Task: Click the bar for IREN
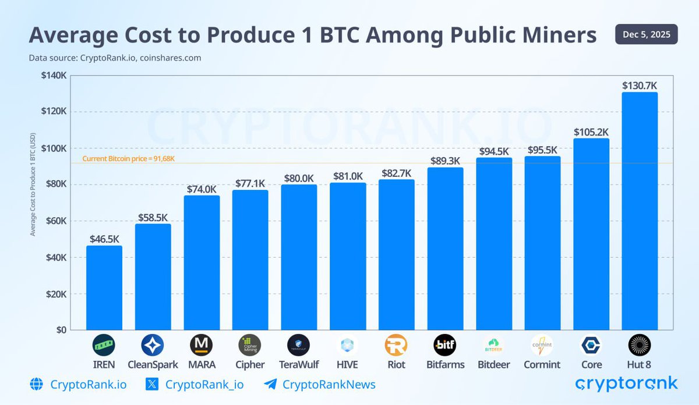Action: [x=104, y=287]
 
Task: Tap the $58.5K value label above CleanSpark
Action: [x=153, y=217]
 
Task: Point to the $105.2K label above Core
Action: [x=591, y=132]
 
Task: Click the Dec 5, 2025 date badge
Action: [x=646, y=34]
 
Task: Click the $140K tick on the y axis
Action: [x=54, y=75]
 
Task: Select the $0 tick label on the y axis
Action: [x=60, y=330]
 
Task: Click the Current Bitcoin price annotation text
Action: [x=129, y=158]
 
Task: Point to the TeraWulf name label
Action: [x=299, y=365]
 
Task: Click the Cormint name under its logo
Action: [x=542, y=365]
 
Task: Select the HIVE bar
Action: [x=348, y=256]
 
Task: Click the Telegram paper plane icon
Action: [x=270, y=385]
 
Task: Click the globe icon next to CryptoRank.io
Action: [x=36, y=385]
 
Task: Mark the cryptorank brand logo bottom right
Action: [x=626, y=383]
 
